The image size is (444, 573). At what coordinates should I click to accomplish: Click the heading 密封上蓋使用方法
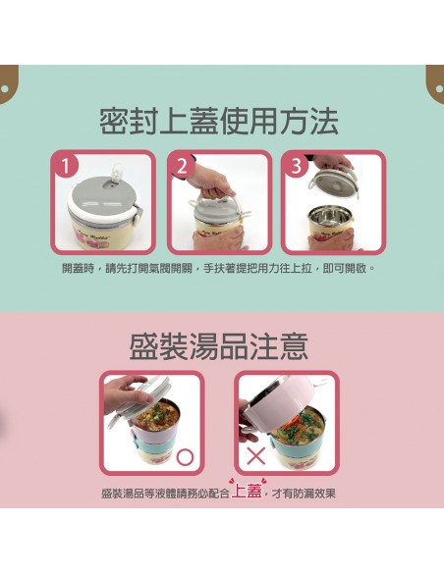tap(219, 121)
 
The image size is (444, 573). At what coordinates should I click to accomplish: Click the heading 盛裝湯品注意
tap(219, 346)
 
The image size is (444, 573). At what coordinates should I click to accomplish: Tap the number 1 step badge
tap(65, 166)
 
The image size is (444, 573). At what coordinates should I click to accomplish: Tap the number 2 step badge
tap(182, 166)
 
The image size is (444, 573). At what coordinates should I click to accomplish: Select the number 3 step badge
tap(296, 166)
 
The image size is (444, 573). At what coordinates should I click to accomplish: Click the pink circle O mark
tap(185, 457)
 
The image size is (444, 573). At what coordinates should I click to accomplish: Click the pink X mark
tap(256, 456)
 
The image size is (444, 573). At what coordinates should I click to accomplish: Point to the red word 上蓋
tap(247, 492)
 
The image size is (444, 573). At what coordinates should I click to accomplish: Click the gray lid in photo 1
tap(102, 194)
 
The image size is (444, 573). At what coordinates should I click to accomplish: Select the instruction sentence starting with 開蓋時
tap(219, 269)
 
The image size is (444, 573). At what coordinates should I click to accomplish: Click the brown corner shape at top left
tap(8, 84)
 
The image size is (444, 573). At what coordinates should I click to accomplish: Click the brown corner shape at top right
tap(435, 84)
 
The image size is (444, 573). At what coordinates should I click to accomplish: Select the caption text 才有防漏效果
tap(304, 494)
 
